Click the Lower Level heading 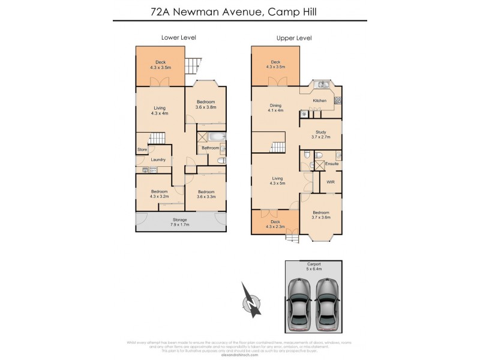[179, 38]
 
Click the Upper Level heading [294, 38]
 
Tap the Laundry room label [158, 160]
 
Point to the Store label [142, 149]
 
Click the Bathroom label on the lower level [210, 148]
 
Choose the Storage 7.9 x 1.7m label [181, 222]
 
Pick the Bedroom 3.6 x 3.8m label [206, 104]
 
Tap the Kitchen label [320, 100]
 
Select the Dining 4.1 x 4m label [275, 108]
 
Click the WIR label [331, 181]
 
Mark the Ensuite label [332, 163]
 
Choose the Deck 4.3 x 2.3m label [275, 224]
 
